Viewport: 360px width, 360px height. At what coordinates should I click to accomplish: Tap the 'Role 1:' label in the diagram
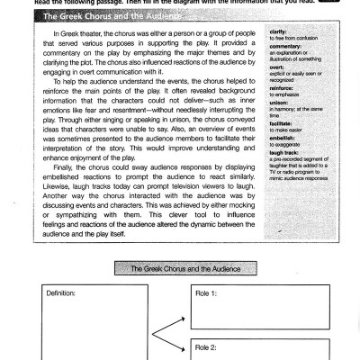click(208, 294)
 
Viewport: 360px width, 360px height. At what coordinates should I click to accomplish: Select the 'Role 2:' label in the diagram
click(208, 346)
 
